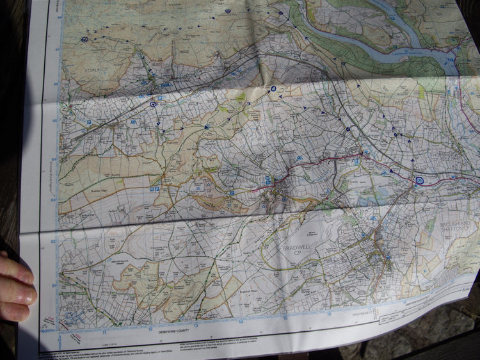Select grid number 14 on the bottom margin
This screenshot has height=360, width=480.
coord(241,322)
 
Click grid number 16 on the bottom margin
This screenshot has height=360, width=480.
coord(329,314)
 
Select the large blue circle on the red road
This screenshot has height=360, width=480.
coord(419,181)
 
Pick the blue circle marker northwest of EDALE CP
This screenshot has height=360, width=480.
coord(84,40)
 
